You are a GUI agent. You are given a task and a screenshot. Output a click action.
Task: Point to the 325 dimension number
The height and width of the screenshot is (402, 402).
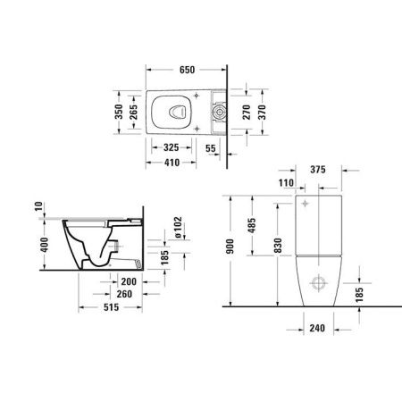(173, 147)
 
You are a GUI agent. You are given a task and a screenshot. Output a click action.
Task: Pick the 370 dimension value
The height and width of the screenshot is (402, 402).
(263, 112)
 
